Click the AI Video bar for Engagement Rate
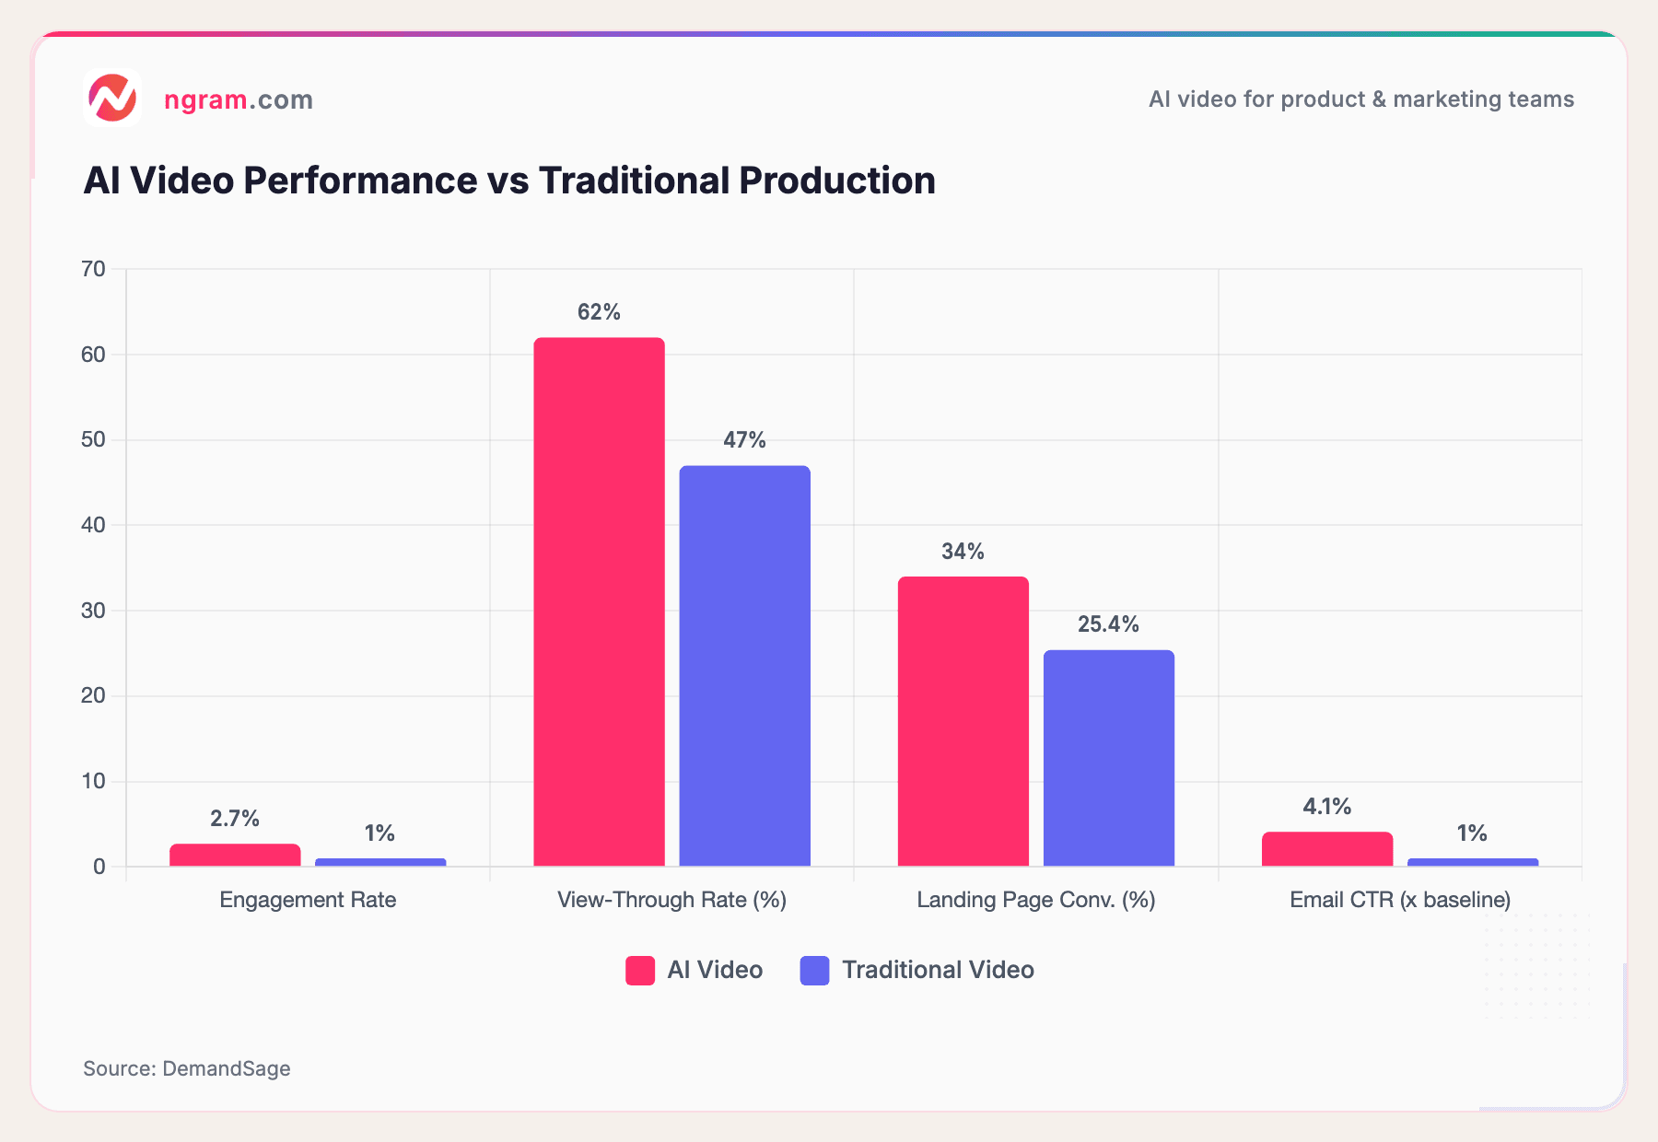pos(235,855)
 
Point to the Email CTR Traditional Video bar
pos(1472,862)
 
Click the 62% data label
pos(599,312)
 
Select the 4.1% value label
pos(1326,807)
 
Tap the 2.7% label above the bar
pos(235,819)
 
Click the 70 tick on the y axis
pos(94,269)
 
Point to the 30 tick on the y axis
pos(94,611)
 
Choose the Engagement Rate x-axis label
pos(308,900)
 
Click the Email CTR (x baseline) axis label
pos(1399,900)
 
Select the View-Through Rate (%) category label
pos(671,900)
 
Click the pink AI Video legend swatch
pos(640,971)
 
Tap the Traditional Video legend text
pos(938,971)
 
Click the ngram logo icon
pos(112,98)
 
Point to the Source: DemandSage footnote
pos(187,1068)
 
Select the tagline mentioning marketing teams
pos(1360,99)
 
